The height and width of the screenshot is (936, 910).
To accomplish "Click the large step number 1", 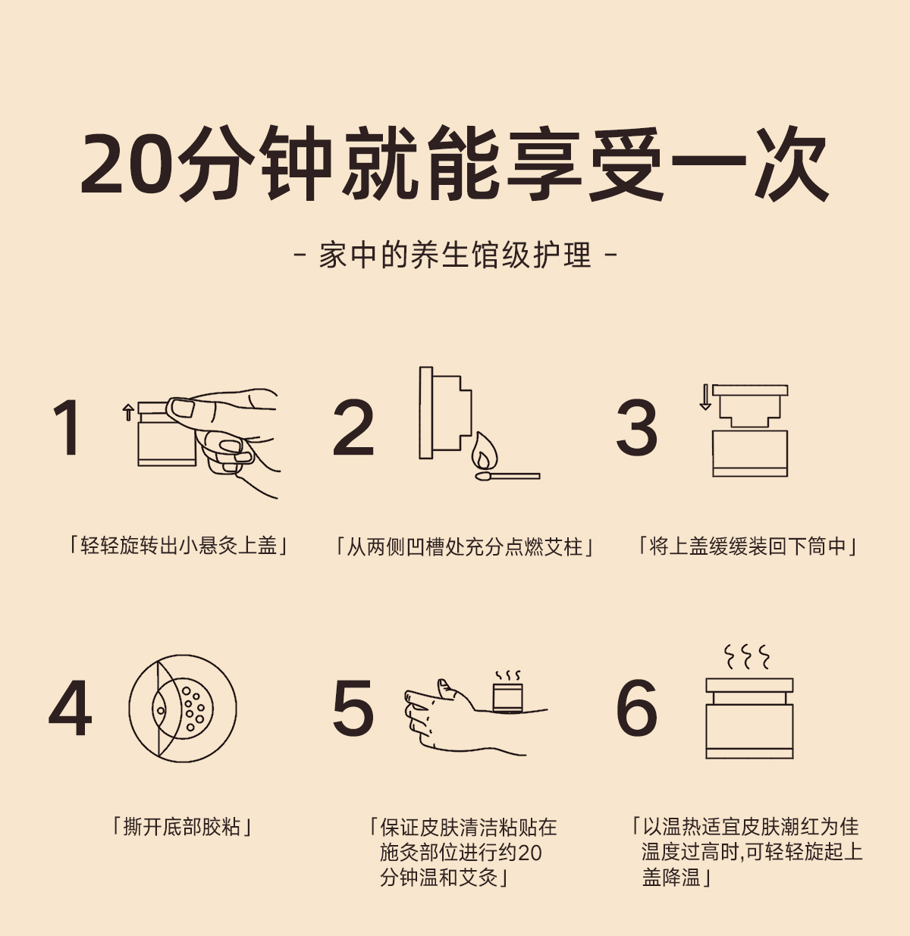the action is pyautogui.click(x=67, y=427).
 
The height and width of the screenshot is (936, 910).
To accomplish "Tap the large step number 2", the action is pyautogui.click(x=353, y=427).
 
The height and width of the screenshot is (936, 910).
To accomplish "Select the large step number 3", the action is pyautogui.click(x=636, y=427).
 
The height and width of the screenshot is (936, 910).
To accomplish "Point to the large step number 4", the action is pyautogui.click(x=71, y=708).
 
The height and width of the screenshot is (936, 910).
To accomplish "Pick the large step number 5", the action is pyautogui.click(x=353, y=708).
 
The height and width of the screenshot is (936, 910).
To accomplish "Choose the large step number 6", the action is pyautogui.click(x=636, y=708).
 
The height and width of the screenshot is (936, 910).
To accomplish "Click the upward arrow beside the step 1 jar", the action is pyautogui.click(x=128, y=412).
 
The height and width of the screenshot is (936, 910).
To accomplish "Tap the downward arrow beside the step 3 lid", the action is pyautogui.click(x=705, y=397).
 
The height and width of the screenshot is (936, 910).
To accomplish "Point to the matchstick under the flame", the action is pyautogui.click(x=507, y=476).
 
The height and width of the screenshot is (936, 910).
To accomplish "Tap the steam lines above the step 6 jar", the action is pyautogui.click(x=747, y=657).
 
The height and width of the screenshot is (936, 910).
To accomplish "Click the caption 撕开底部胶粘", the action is pyautogui.click(x=182, y=827).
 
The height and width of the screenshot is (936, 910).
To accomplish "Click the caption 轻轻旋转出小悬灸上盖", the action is pyautogui.click(x=178, y=546).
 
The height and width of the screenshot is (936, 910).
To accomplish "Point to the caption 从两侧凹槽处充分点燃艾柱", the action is pyautogui.click(x=464, y=546).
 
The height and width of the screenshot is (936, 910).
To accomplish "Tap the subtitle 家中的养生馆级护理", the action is pyautogui.click(x=455, y=255).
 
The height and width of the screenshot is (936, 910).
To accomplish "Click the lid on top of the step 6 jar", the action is pyautogui.click(x=749, y=685).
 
